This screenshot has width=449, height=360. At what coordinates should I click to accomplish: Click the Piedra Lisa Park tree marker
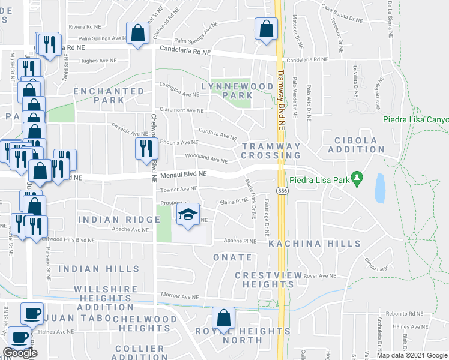(358, 178)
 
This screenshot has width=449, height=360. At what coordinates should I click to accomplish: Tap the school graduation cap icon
(188, 215)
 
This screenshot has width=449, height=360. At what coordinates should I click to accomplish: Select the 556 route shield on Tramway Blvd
(282, 191)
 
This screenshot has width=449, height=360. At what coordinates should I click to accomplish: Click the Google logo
(19, 353)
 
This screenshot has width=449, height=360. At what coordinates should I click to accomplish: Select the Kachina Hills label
(315, 244)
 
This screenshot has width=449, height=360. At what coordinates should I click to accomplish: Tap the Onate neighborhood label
(232, 257)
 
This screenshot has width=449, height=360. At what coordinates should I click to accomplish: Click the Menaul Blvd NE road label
(183, 175)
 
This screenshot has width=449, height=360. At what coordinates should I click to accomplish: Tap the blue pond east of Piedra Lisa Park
(379, 188)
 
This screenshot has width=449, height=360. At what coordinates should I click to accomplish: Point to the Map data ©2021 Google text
(412, 355)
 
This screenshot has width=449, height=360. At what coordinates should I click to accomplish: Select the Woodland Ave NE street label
(206, 160)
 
